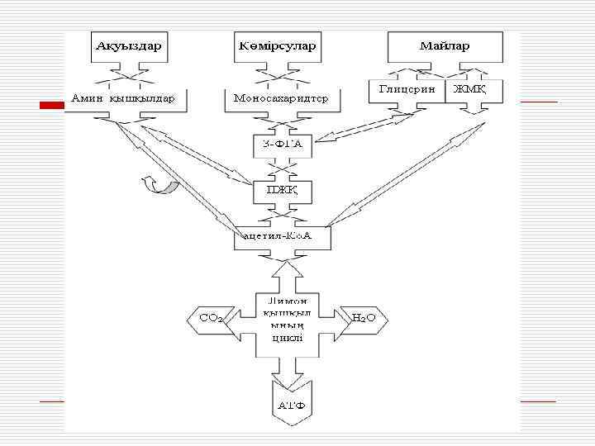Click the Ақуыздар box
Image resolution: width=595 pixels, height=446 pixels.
tap(128, 46)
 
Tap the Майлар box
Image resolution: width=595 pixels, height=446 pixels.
tap(445, 46)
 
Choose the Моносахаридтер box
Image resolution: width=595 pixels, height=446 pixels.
tap(281, 99)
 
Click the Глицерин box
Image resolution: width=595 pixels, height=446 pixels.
tap(407, 90)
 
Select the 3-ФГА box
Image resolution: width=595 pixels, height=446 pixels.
tap(281, 146)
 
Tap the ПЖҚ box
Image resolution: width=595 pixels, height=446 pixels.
tap(281, 192)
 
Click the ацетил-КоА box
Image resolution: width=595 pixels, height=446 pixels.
tap(283, 238)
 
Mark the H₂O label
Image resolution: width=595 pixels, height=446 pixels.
tap(364, 317)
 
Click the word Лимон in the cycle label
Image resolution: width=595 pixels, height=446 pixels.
tap(283, 301)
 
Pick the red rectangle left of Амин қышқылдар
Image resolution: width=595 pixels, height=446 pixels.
tap(52, 105)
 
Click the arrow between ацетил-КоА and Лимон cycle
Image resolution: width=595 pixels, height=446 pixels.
tap(283, 269)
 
